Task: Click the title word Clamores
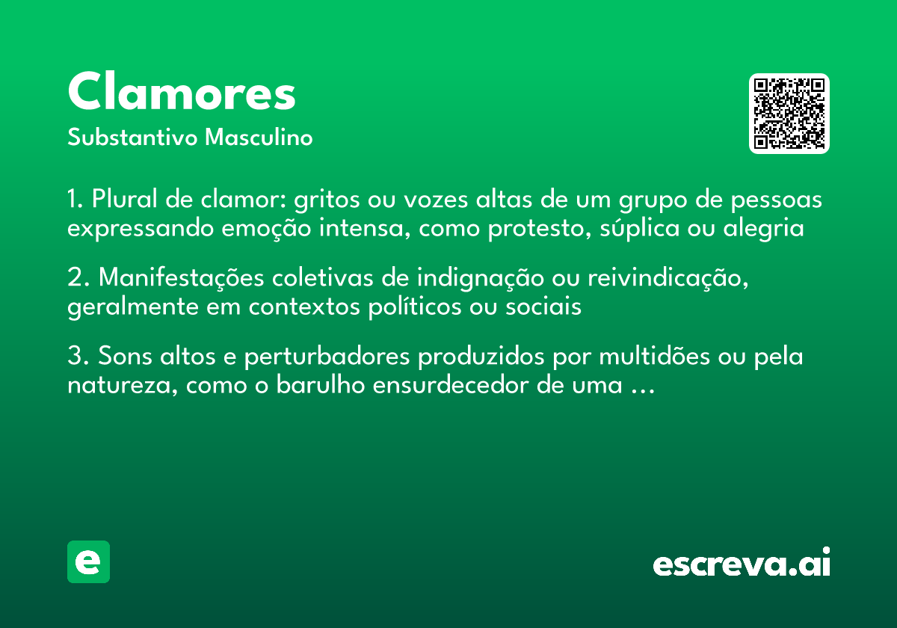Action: (x=182, y=93)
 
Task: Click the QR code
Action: (x=789, y=114)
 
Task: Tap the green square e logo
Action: (x=88, y=561)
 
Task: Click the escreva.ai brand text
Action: (x=742, y=563)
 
